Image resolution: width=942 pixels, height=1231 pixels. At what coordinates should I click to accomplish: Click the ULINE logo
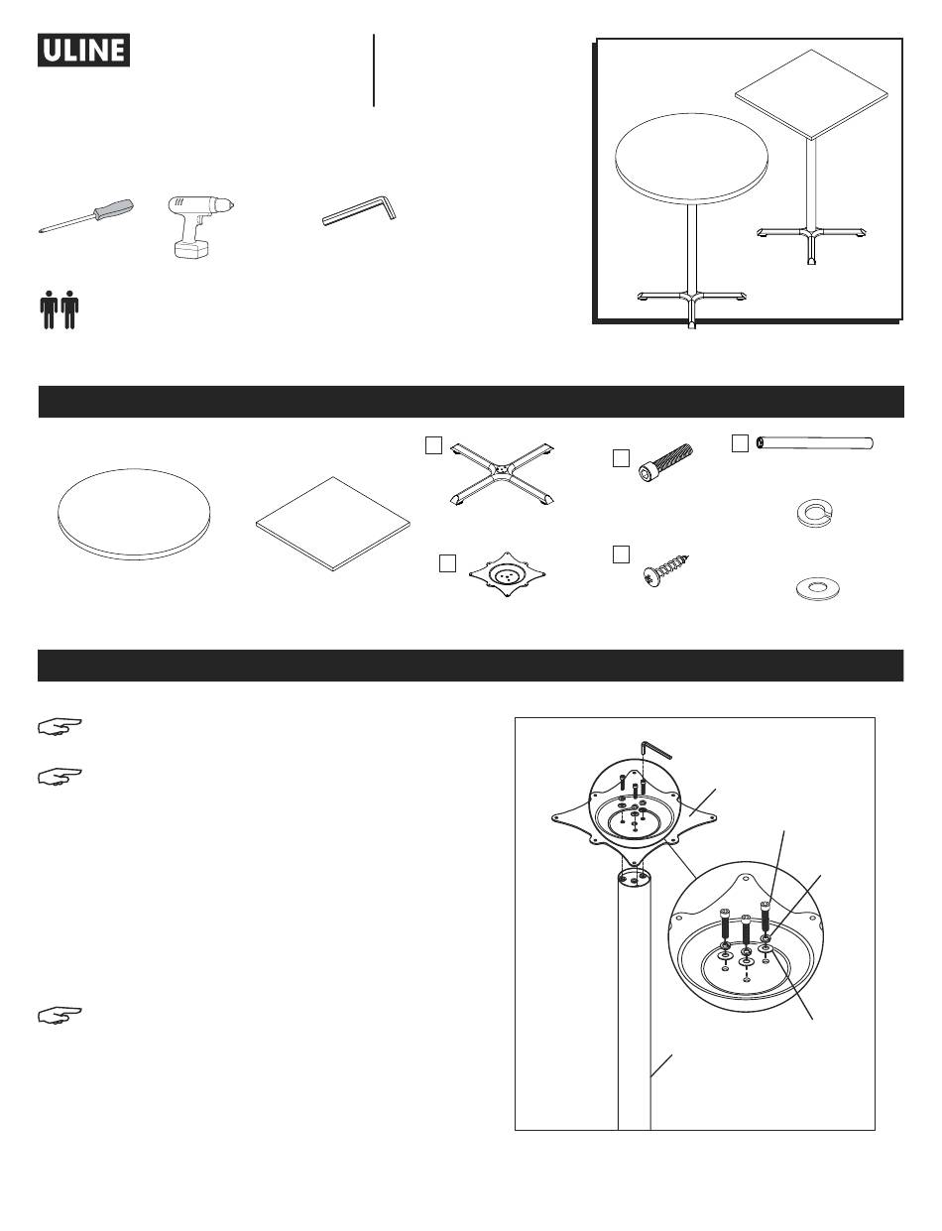tap(83, 50)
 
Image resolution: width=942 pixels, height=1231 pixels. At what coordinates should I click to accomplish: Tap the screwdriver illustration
tap(86, 216)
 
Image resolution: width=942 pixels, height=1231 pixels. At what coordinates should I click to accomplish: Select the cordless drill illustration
tap(200, 226)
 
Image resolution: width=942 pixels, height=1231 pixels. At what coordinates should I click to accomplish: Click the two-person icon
tap(59, 309)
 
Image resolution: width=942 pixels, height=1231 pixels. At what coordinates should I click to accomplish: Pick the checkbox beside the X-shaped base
tap(433, 445)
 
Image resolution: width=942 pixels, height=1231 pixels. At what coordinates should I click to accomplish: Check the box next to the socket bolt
tap(621, 458)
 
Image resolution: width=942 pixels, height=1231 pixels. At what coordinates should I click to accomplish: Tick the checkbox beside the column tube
tap(740, 443)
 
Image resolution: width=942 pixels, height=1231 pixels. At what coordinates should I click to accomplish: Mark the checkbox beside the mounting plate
tap(447, 563)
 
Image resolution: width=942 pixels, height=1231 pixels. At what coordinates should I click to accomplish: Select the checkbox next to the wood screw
tap(621, 554)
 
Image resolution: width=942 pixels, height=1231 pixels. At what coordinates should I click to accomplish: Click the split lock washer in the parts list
tap(813, 512)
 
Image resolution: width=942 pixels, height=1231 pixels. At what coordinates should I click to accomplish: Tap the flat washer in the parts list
tap(817, 588)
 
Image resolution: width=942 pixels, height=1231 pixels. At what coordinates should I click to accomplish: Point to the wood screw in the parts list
tap(666, 570)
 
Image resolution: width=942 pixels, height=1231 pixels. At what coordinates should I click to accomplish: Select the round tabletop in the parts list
tap(134, 515)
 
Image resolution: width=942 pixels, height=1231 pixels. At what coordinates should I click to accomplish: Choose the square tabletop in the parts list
tap(333, 524)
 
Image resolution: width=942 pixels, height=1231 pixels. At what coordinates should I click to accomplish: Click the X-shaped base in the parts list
tap(502, 473)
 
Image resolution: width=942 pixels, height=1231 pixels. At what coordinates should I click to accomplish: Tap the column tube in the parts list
tap(815, 443)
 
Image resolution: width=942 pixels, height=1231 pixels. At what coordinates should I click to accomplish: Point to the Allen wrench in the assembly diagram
tap(655, 750)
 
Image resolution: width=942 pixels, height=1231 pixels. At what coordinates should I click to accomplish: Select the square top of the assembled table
tap(811, 94)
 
